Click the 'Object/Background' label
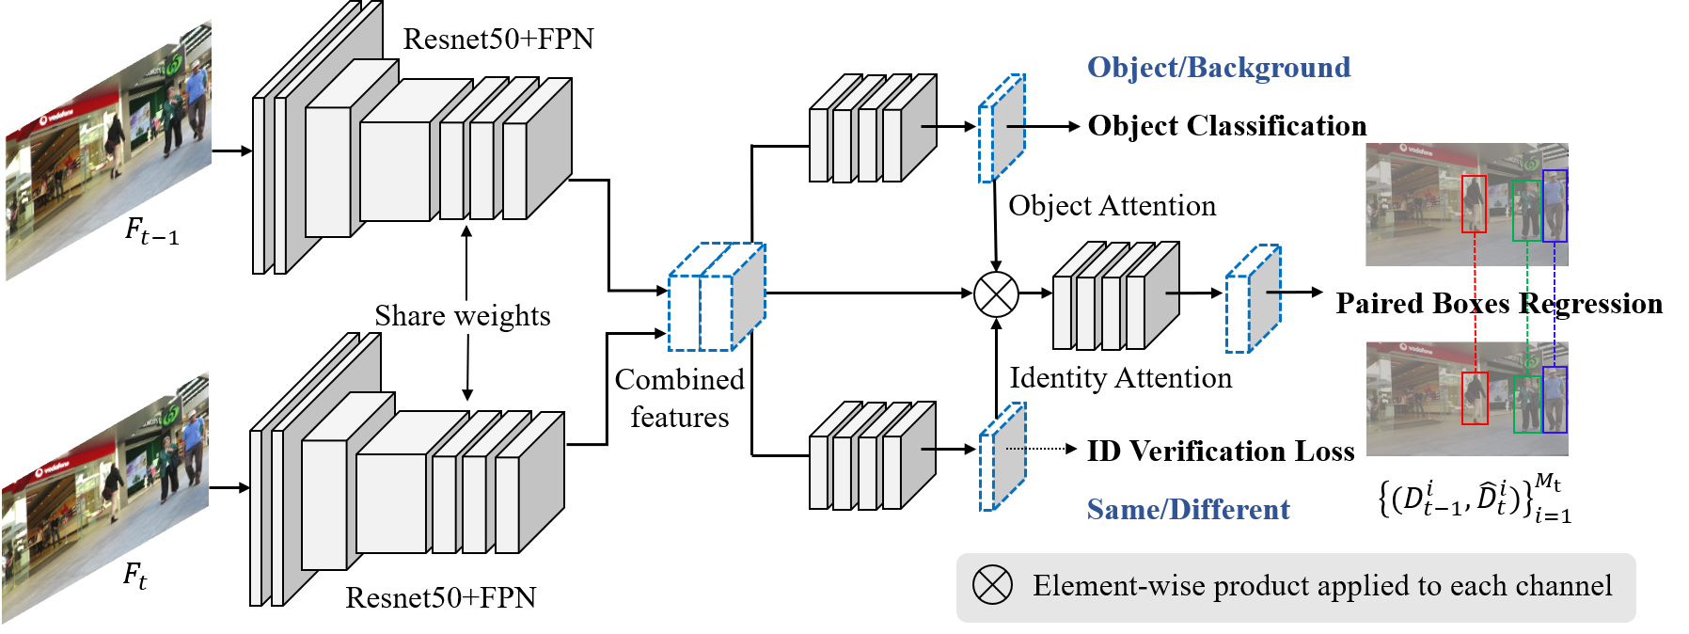tap(1219, 68)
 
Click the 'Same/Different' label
tap(1188, 510)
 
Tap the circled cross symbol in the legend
tap(992, 585)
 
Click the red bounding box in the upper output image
tap(1474, 203)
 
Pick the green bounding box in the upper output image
tap(1525, 211)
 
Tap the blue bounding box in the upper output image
tap(1555, 205)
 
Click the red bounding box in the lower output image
tap(1475, 398)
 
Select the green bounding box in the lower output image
tap(1526, 404)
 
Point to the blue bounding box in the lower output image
tap(1555, 400)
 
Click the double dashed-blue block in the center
tap(716, 298)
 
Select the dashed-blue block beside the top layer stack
tap(1002, 129)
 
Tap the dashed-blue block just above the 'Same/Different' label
tap(1002, 457)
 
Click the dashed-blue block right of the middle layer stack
tap(1253, 299)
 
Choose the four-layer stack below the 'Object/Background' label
tap(871, 130)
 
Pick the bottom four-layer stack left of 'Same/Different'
tap(871, 457)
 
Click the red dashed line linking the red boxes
tap(1475, 301)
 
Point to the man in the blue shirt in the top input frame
tap(197, 94)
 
